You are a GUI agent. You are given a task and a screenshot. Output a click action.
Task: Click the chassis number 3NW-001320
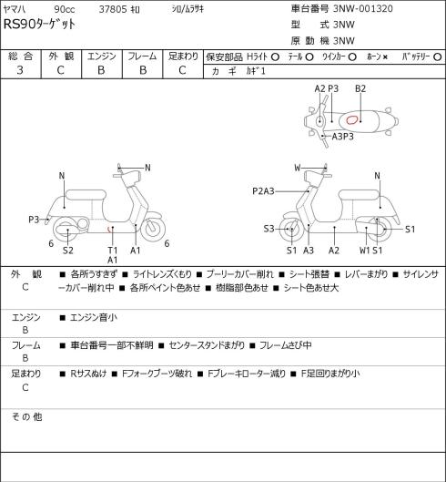tap(363, 8)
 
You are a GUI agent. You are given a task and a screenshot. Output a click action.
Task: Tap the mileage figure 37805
tap(113, 9)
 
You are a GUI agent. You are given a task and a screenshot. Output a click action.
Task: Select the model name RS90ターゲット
tap(39, 25)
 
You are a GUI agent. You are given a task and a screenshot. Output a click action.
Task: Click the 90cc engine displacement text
tap(65, 9)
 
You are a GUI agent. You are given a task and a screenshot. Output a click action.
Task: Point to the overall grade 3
tap(20, 70)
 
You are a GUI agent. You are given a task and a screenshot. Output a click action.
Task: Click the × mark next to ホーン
tap(386, 56)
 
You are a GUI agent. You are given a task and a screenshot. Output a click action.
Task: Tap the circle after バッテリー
tap(438, 56)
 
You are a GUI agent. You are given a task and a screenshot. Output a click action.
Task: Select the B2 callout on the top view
tap(360, 88)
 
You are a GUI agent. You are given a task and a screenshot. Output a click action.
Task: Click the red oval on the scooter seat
tap(351, 119)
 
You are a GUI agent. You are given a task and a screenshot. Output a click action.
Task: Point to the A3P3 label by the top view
tap(342, 136)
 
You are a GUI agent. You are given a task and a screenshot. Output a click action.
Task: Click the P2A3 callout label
tap(263, 191)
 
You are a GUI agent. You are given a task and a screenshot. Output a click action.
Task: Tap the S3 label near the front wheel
tap(269, 229)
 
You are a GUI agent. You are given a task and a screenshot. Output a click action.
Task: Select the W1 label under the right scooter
tap(365, 251)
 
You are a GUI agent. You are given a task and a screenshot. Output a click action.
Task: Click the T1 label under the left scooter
tap(113, 251)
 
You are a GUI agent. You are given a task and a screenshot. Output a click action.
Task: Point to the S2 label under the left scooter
tap(68, 251)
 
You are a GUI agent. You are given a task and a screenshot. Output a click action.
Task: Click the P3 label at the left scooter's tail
tap(34, 220)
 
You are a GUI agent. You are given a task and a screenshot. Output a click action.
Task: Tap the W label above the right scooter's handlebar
tap(298, 168)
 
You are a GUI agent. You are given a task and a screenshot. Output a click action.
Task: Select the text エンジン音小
tap(94, 317)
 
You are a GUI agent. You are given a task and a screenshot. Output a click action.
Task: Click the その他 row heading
tap(26, 416)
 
